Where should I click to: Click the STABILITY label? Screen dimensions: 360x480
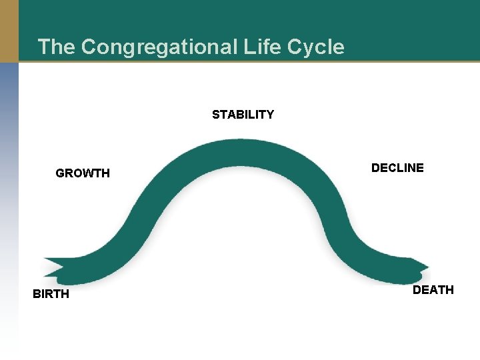pos(243,115)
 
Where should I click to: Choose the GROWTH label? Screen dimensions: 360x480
pos(83,173)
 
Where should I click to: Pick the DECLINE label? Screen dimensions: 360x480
pos(397,168)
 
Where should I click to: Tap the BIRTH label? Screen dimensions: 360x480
pos(51,294)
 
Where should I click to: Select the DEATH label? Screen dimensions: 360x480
pos(433,290)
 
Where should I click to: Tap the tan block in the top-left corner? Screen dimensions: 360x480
pos(9,31)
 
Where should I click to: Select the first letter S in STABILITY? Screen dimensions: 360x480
pos(216,115)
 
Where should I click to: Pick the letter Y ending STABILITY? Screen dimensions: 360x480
pos(269,115)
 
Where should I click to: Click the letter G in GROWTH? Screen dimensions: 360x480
pos(60,173)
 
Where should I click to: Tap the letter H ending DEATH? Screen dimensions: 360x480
pos(449,290)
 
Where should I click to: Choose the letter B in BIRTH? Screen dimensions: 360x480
pos(37,294)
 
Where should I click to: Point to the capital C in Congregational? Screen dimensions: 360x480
pos(88,47)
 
